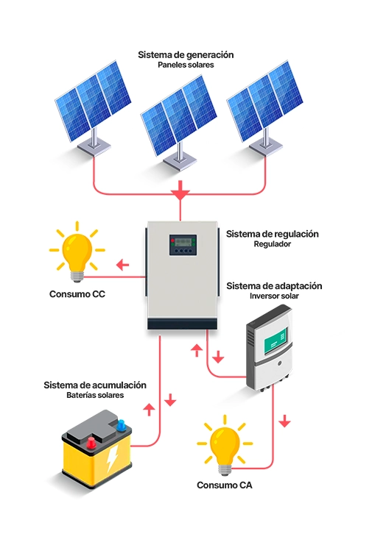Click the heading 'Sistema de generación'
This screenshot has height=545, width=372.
click(x=186, y=55)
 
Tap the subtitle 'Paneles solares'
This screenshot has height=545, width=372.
click(x=186, y=65)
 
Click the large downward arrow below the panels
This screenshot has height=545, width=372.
click(x=180, y=190)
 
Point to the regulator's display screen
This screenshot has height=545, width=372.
click(x=183, y=241)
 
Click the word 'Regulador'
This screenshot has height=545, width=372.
click(x=272, y=244)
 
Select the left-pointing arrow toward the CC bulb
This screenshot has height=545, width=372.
click(x=122, y=265)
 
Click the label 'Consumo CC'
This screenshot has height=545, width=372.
click(x=77, y=294)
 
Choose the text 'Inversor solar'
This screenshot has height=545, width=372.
click(x=274, y=296)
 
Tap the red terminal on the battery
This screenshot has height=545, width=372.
click(x=91, y=443)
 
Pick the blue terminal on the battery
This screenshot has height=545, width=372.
click(x=121, y=425)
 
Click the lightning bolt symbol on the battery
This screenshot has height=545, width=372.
click(x=112, y=459)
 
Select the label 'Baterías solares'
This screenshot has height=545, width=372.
click(x=95, y=395)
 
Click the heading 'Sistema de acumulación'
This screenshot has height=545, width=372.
click(x=95, y=385)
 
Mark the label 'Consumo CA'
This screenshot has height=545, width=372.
click(x=225, y=485)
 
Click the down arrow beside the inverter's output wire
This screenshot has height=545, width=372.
click(x=284, y=421)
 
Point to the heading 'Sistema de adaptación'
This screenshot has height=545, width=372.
click(x=274, y=286)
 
